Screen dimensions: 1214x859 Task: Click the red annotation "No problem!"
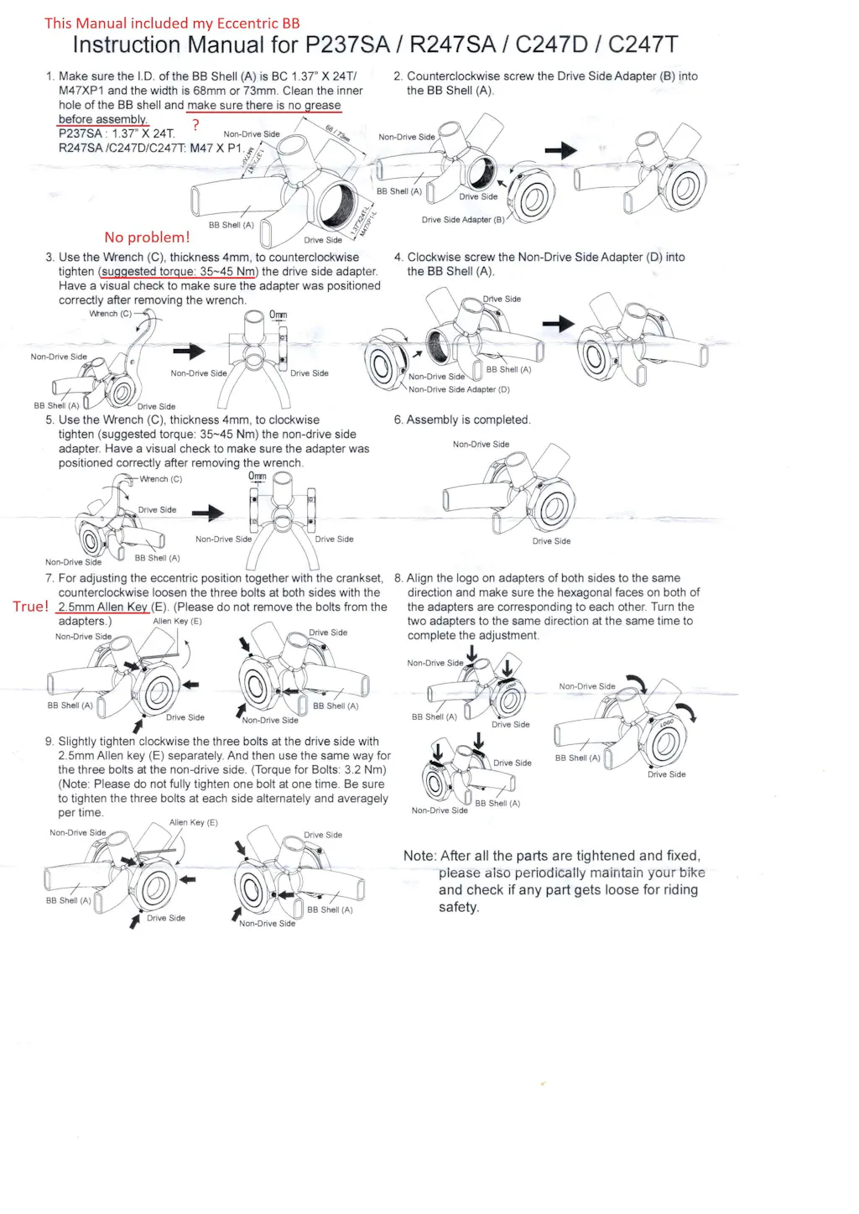[147, 237]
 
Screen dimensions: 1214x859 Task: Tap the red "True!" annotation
[30, 607]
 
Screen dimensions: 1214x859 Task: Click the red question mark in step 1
[195, 125]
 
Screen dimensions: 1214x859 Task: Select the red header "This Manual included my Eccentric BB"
[172, 23]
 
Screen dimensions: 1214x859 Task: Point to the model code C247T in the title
[643, 45]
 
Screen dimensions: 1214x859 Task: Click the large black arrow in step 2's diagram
[560, 151]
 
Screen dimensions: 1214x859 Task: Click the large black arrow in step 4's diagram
[558, 324]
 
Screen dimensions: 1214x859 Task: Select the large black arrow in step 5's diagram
[208, 513]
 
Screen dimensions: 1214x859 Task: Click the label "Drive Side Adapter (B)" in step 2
[463, 220]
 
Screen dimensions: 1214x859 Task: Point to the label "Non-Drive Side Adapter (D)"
[459, 389]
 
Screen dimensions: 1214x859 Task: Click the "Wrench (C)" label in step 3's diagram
[110, 314]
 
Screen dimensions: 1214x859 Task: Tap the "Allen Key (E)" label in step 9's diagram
[193, 822]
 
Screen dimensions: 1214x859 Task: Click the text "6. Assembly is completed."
[462, 420]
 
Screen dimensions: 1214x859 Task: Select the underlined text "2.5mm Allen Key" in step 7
[102, 607]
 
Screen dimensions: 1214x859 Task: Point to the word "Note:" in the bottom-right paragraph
[419, 857]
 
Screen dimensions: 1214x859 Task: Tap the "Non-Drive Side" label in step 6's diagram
[481, 445]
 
